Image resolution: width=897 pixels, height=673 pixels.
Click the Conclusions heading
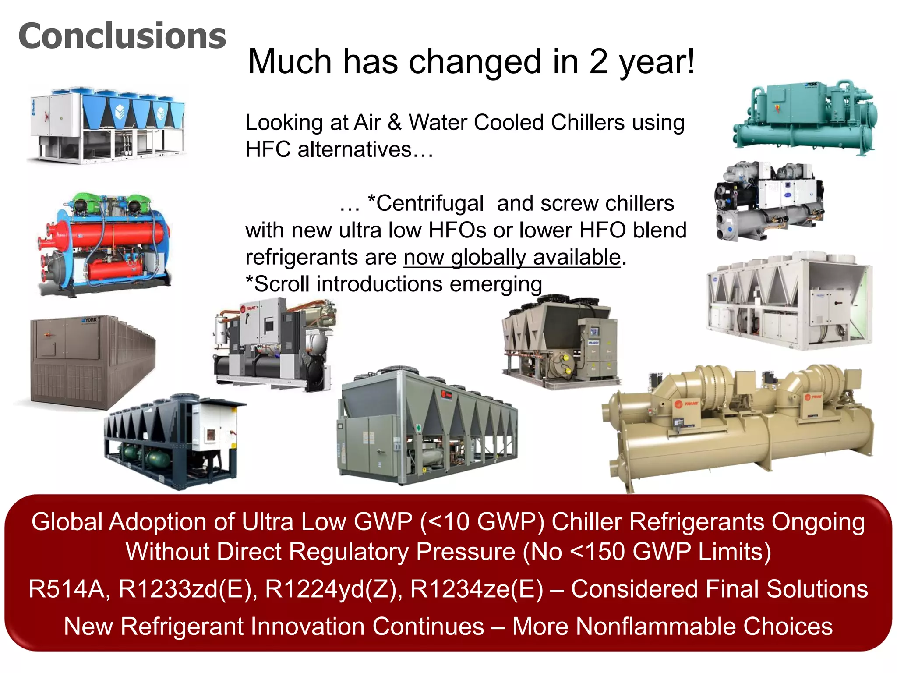[122, 36]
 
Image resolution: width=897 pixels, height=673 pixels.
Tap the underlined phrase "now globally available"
[512, 257]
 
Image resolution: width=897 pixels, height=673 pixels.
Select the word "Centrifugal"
[430, 203]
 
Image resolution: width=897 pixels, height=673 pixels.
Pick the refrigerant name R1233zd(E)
[188, 589]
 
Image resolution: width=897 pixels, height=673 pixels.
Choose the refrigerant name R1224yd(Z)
[333, 589]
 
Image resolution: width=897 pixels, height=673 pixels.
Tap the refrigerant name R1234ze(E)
[477, 589]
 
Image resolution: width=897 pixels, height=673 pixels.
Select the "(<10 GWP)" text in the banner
[482, 522]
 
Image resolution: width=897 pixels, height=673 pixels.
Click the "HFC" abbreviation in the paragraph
[268, 149]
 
